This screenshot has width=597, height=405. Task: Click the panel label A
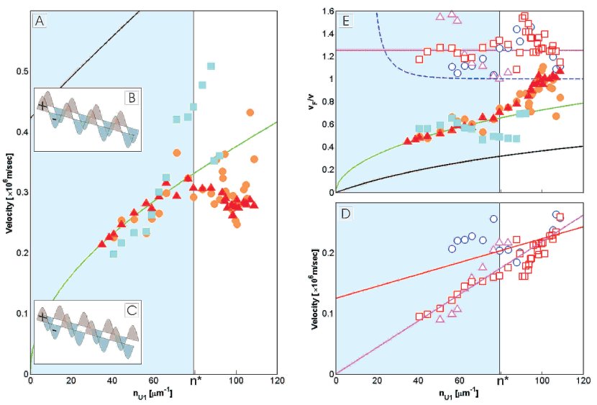click(41, 22)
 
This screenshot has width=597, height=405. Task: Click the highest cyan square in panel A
click(211, 66)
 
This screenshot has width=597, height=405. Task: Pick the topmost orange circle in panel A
click(250, 112)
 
